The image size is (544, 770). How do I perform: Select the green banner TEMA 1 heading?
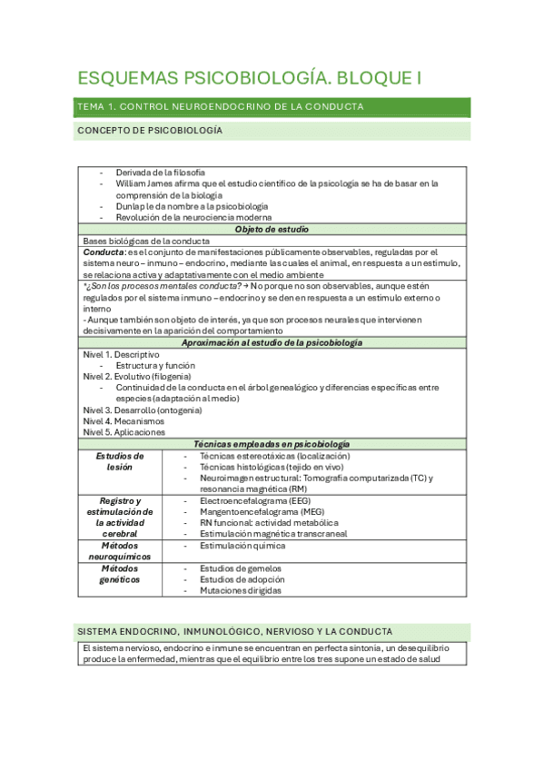click(x=221, y=107)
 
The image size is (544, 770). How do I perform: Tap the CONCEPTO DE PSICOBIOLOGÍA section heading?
click(x=150, y=131)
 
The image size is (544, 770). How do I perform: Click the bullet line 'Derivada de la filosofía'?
click(x=160, y=172)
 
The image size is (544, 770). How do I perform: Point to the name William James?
click(x=146, y=183)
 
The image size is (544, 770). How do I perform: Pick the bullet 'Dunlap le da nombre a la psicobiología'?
click(x=192, y=206)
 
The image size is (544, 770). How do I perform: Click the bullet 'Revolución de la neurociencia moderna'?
click(x=193, y=217)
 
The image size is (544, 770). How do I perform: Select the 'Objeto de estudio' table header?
click(x=272, y=229)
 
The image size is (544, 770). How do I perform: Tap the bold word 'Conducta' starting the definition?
click(x=104, y=252)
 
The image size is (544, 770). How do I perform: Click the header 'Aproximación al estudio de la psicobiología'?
click(x=272, y=342)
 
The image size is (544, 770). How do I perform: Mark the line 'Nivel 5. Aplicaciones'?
click(x=124, y=432)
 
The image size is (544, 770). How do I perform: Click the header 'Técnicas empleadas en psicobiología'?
click(x=272, y=444)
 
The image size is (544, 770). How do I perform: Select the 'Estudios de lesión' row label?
click(x=120, y=461)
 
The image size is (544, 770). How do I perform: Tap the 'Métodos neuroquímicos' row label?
click(x=120, y=551)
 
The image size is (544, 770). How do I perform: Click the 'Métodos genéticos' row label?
click(x=120, y=573)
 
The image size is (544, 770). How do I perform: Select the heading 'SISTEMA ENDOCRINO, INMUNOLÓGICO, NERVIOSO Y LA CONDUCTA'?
click(x=235, y=630)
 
